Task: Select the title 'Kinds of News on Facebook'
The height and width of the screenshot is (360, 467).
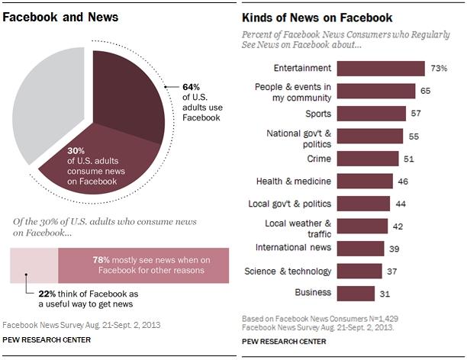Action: (317, 17)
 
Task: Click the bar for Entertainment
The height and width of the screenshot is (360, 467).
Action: (381, 68)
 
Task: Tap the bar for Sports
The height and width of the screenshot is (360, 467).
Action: (372, 113)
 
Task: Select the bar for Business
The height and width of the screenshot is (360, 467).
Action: (356, 293)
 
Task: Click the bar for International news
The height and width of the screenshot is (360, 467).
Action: (360, 248)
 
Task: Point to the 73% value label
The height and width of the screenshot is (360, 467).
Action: (439, 68)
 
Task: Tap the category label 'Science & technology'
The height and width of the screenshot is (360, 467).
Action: (288, 271)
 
